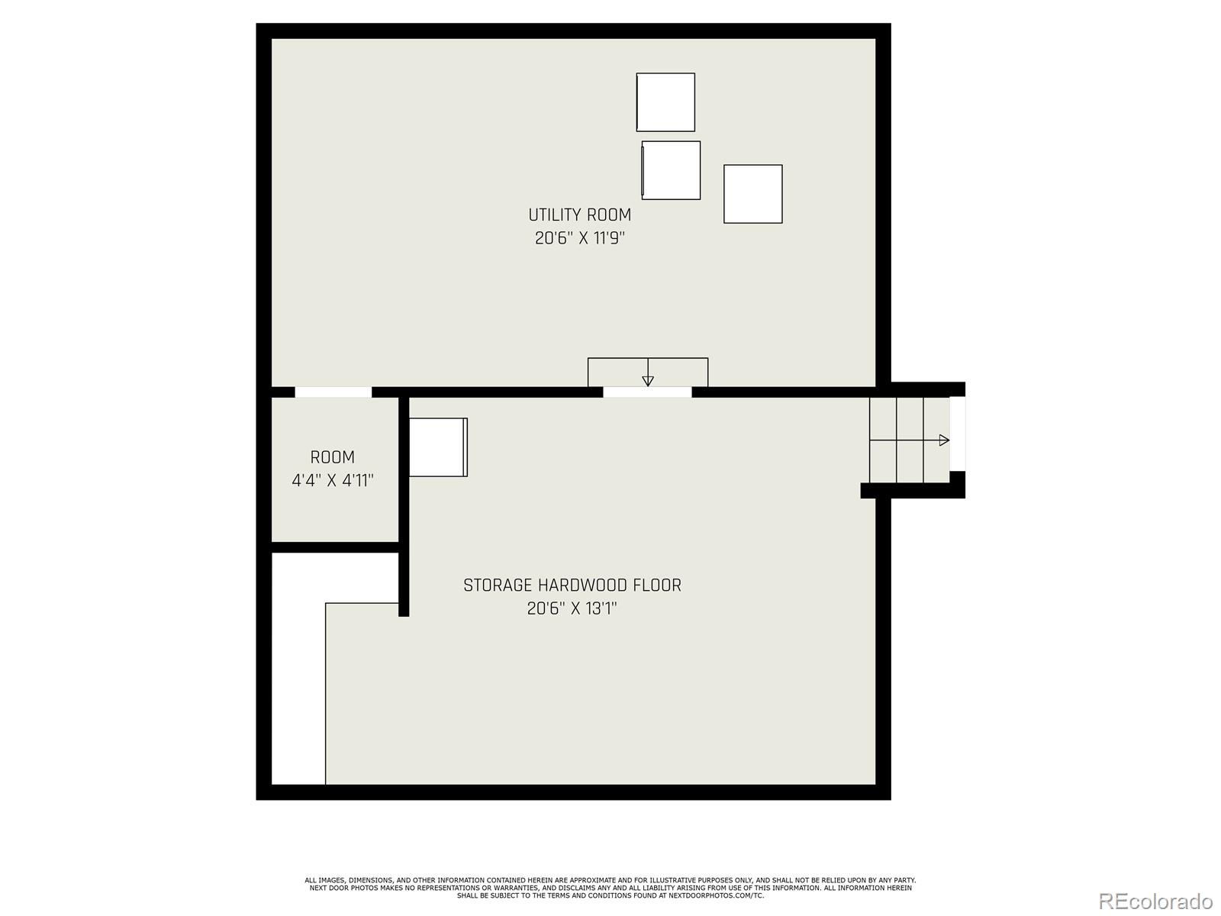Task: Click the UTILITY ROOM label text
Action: pos(579,214)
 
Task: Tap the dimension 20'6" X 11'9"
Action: pos(579,238)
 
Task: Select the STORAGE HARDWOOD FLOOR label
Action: pos(572,585)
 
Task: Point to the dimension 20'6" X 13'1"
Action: pos(572,609)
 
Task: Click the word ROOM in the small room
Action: pos(332,457)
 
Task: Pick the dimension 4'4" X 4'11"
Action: pos(332,481)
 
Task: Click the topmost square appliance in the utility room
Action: pos(665,102)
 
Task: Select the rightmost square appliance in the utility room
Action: pos(752,194)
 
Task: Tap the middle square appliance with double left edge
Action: pos(671,170)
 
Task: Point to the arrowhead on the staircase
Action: pos(944,440)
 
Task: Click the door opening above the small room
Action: pos(333,392)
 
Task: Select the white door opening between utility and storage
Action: pos(647,392)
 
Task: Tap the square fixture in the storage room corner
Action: pos(438,447)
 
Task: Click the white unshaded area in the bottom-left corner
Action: pos(298,687)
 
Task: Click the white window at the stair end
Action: pos(957,434)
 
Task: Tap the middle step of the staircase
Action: pos(910,440)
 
